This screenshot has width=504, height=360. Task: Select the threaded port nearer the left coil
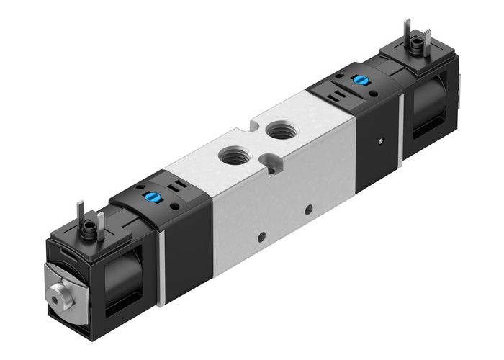coord(230,153)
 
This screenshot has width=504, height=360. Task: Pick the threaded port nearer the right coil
coord(277,131)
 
